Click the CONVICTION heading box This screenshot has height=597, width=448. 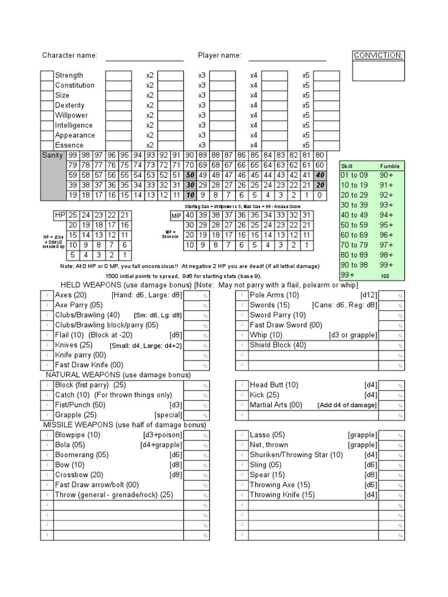(379, 55)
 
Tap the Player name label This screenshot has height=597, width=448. (219, 55)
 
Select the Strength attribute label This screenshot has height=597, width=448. (69, 75)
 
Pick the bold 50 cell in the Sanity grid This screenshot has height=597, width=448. (190, 175)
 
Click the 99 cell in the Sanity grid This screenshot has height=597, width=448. (73, 155)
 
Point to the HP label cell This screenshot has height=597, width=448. (60, 215)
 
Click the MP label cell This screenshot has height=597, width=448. (176, 215)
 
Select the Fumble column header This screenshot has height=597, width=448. (390, 166)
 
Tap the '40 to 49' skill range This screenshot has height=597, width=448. (355, 215)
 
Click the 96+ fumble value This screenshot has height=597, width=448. (387, 234)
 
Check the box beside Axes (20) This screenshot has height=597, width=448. (47, 296)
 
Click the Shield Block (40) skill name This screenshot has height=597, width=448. (278, 345)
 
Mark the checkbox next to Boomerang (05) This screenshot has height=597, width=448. (47, 455)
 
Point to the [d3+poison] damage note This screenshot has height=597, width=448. (162, 435)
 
